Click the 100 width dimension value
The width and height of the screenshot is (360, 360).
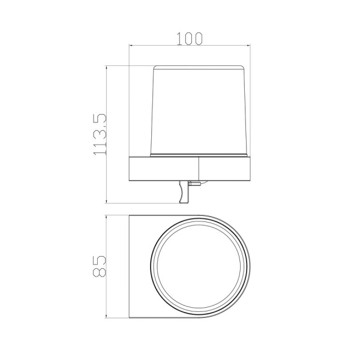coord(190,38)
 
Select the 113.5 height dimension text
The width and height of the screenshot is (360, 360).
coord(100,134)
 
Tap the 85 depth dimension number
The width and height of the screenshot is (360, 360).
coord(99,266)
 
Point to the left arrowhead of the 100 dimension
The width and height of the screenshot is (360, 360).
coord(131,45)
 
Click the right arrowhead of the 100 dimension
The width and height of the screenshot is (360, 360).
coord(248,45)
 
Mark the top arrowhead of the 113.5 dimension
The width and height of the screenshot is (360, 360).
coord(106,68)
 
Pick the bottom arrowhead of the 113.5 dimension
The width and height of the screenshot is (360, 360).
coord(106,201)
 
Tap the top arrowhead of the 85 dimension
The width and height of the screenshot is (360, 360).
coord(106,217)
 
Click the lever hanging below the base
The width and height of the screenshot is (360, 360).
coord(184,192)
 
